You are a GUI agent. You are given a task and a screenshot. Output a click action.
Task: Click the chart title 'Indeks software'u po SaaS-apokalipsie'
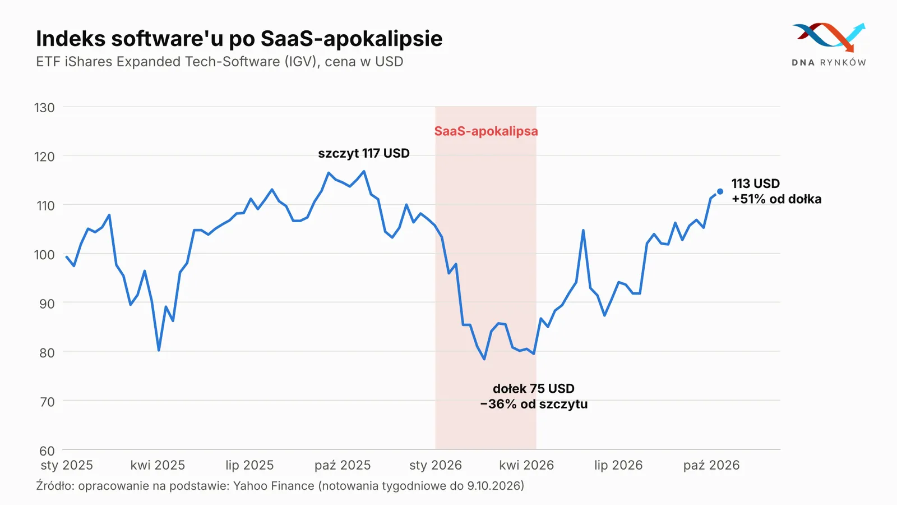(x=239, y=39)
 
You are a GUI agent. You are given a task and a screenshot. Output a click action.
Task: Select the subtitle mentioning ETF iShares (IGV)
(x=219, y=62)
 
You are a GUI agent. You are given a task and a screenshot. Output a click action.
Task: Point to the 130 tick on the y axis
(x=44, y=108)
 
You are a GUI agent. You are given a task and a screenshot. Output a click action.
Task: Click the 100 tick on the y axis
(x=44, y=255)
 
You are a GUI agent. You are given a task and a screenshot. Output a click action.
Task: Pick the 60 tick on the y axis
(x=47, y=451)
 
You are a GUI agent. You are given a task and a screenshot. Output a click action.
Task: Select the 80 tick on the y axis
(x=47, y=353)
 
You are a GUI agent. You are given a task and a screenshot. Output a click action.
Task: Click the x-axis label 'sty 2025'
(x=67, y=465)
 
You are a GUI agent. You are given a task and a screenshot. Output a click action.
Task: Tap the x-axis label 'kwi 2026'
(x=526, y=465)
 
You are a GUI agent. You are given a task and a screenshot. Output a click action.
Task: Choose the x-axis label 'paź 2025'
(x=343, y=465)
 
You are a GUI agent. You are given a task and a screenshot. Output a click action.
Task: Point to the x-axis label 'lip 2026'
(x=618, y=465)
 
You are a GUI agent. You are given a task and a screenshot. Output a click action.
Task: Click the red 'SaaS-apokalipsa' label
(x=486, y=131)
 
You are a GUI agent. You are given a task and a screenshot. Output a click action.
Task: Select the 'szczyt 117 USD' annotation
(x=364, y=154)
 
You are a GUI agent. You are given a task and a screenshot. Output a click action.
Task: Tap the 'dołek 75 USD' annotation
(x=534, y=388)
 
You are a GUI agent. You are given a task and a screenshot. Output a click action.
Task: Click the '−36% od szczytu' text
(x=534, y=404)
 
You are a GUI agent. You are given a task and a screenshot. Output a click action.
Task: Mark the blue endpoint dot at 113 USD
(x=720, y=191)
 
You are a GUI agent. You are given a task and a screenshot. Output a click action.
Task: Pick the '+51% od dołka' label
(x=776, y=199)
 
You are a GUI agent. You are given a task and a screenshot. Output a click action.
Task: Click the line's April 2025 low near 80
(x=159, y=350)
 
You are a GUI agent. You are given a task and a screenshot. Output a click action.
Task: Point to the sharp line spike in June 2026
(x=584, y=231)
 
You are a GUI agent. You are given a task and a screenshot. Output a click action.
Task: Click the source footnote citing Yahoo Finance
(x=280, y=486)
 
